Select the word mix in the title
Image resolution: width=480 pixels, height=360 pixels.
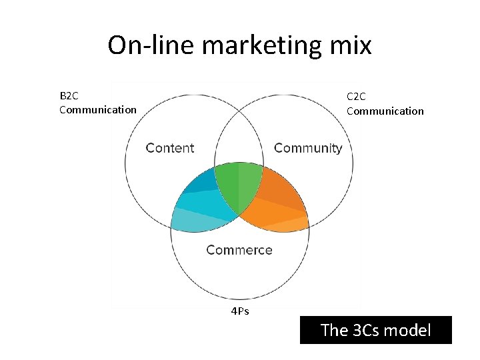click(x=353, y=45)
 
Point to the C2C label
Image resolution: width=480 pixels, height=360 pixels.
click(x=357, y=97)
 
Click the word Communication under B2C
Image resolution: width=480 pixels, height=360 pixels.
click(x=97, y=109)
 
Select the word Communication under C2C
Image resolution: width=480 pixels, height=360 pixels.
click(x=385, y=111)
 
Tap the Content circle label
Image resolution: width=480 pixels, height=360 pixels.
click(x=170, y=148)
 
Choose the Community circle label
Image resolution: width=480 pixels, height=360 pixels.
click(x=307, y=148)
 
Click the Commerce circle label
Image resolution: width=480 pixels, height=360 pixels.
click(x=239, y=250)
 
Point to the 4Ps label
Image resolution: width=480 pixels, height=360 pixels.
click(x=239, y=311)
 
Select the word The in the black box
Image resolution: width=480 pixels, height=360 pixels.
click(x=333, y=329)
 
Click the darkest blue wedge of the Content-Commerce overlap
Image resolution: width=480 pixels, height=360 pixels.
click(x=203, y=179)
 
